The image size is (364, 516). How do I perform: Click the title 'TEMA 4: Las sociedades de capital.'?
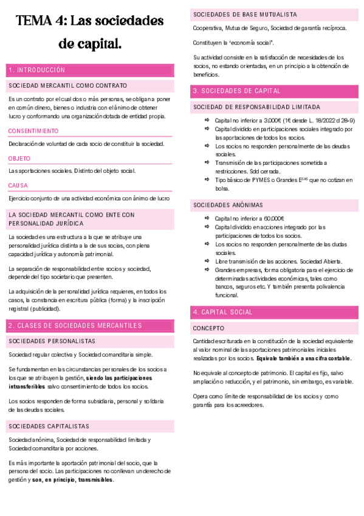pos(90,32)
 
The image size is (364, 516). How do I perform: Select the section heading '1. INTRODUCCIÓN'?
pos(37,70)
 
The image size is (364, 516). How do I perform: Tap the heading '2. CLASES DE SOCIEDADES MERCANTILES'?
pos(75,326)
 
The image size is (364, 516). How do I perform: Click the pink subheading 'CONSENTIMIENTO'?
pos(33,131)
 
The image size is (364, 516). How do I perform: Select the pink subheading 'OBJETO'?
pos(19,158)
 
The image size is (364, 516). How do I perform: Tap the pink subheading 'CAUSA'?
pos(18,185)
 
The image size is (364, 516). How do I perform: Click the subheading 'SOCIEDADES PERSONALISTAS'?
pos(52,341)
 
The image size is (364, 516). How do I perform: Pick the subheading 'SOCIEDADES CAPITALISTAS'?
pos(49,426)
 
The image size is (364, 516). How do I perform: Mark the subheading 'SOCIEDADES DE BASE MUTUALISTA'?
pos(245,14)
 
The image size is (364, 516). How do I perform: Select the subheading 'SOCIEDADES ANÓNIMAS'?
pos(224,205)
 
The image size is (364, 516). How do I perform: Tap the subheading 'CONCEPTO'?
pos(208,328)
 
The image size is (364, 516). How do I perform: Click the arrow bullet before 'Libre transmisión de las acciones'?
pos(207,261)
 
